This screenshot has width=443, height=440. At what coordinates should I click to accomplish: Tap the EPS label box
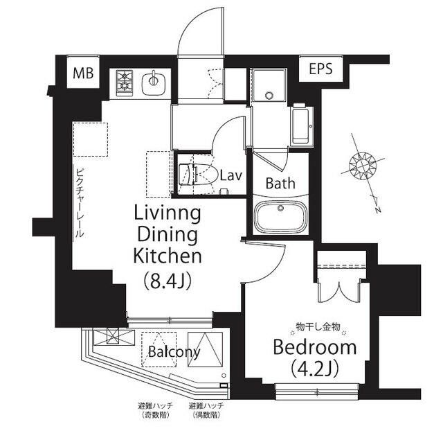point(320,69)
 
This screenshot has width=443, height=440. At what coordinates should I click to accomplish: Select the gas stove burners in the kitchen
point(125,81)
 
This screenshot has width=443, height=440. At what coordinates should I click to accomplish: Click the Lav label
point(230,175)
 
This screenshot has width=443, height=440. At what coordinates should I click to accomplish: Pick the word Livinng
point(167,213)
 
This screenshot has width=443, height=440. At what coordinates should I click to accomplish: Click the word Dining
point(167,234)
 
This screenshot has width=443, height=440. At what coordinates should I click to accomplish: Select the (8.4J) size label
point(167,281)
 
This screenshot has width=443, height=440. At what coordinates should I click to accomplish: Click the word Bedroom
point(314,346)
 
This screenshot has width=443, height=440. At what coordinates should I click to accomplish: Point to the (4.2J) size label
point(314,369)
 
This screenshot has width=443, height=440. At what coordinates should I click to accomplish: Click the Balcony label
point(174,352)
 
